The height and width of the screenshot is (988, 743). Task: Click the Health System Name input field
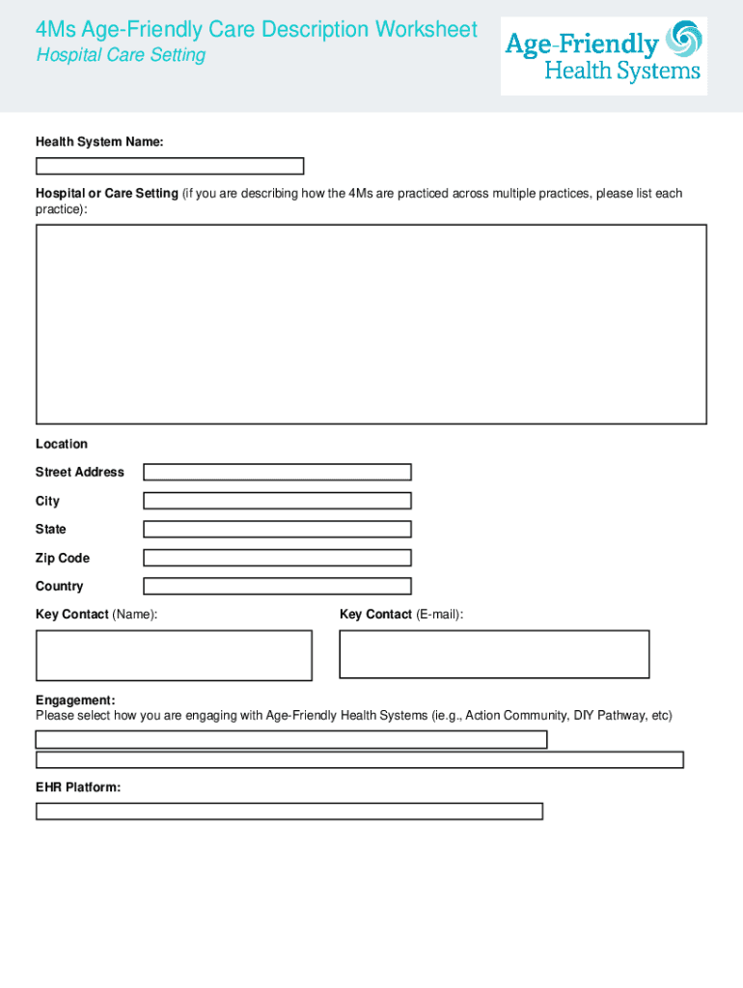(170, 166)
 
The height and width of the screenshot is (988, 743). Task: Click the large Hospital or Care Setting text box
(371, 324)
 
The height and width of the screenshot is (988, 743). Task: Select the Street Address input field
(277, 472)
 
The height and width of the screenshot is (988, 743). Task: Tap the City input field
(277, 501)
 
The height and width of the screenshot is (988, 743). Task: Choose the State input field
(277, 529)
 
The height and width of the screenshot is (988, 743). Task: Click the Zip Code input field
(277, 558)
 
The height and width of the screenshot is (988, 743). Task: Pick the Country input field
(277, 586)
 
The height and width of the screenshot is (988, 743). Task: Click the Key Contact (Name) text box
(174, 655)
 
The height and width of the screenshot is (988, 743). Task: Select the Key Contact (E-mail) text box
(494, 654)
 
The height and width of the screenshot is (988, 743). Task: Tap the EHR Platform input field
(289, 811)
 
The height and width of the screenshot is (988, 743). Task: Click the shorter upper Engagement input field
(291, 740)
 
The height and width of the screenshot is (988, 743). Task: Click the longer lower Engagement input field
(359, 760)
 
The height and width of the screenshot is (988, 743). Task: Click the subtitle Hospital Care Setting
(121, 55)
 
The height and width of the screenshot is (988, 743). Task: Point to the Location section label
(62, 444)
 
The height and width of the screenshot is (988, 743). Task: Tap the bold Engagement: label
(75, 700)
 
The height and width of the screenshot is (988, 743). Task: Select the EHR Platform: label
(78, 787)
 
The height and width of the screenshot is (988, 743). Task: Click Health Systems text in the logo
(622, 71)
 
